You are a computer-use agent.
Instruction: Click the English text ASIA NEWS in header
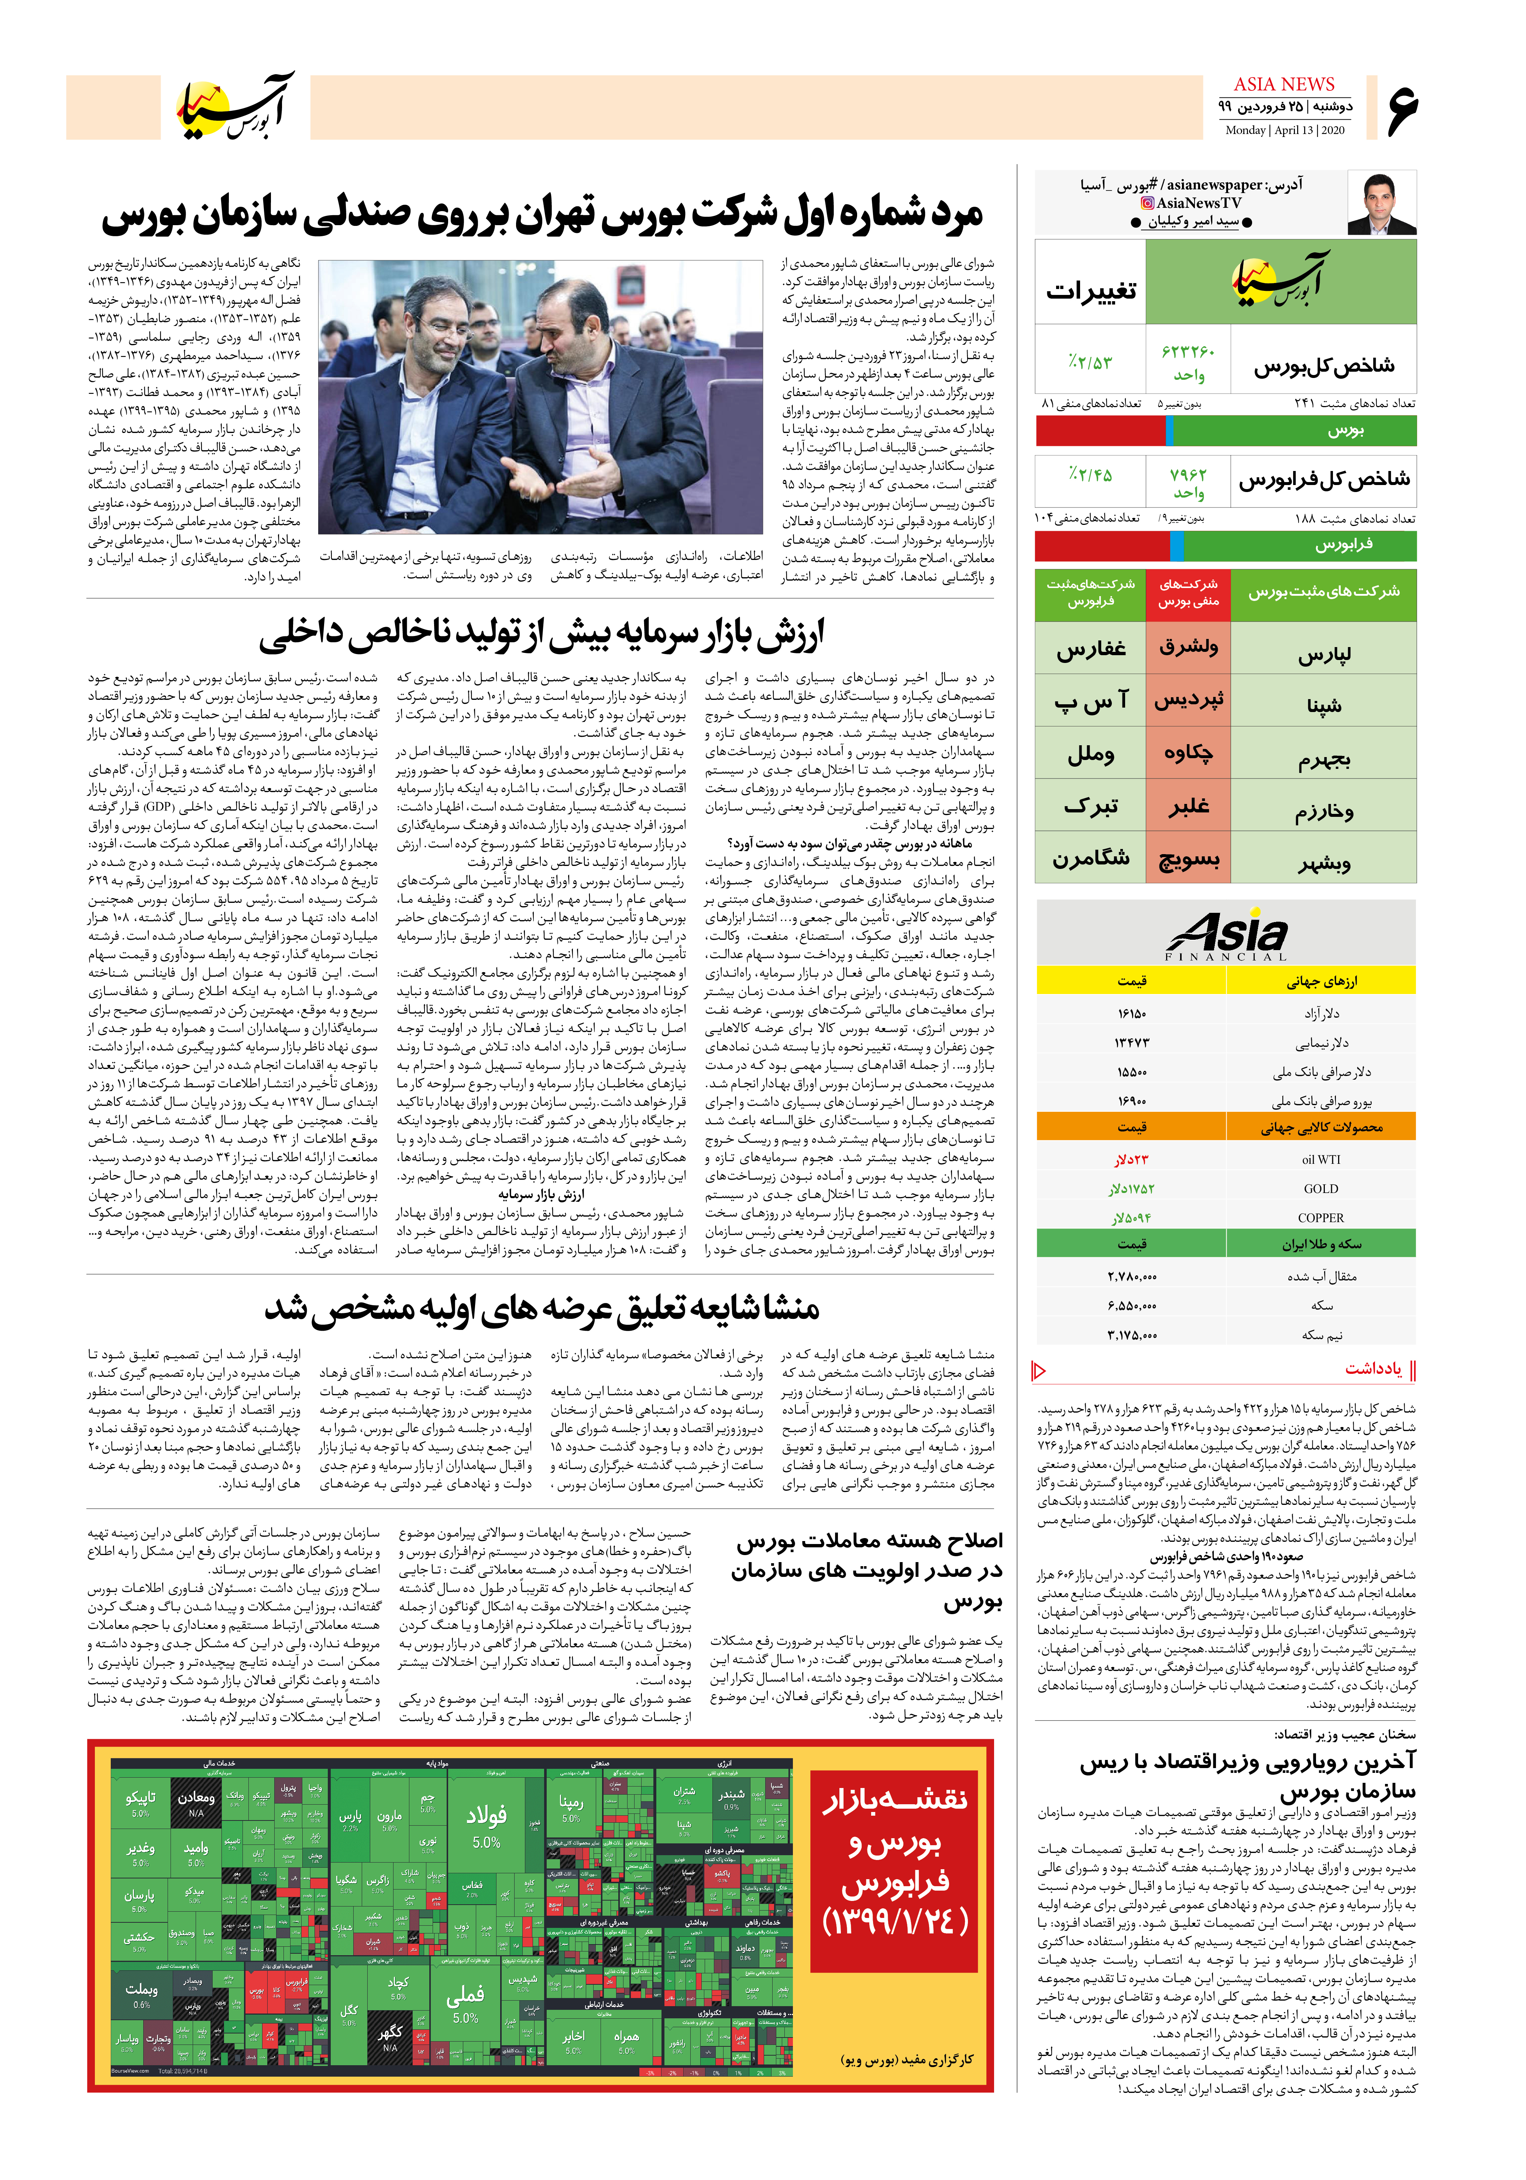[1284, 85]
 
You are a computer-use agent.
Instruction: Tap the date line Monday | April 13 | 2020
[1284, 130]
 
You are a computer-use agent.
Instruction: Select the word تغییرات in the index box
[1090, 290]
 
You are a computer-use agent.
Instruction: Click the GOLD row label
[1321, 1188]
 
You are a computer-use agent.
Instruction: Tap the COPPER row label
[1321, 1217]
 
